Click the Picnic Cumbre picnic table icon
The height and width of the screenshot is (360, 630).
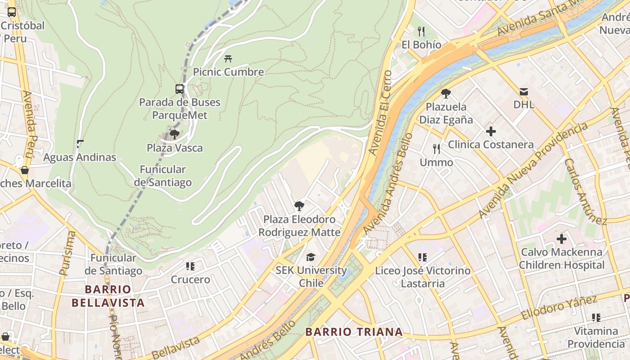[228, 58]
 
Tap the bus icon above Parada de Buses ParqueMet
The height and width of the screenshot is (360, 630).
[180, 89]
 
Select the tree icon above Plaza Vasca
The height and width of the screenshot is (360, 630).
[175, 135]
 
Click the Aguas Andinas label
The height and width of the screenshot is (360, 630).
[80, 157]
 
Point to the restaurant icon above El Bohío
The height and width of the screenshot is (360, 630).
[421, 31]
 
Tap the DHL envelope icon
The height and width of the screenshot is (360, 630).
[524, 92]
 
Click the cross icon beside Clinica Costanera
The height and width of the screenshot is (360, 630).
[491, 131]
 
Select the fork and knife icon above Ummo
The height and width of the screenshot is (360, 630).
[436, 149]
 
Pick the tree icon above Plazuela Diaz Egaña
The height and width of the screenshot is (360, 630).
[446, 94]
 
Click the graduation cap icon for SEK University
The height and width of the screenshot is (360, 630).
[311, 257]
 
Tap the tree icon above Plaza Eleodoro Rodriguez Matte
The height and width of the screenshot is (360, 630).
[299, 206]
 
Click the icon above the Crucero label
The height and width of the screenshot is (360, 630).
[190, 266]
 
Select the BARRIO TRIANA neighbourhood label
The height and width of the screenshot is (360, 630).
[354, 332]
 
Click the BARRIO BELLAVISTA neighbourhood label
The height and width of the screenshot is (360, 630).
[108, 296]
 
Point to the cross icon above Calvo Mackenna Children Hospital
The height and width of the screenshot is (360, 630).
[561, 239]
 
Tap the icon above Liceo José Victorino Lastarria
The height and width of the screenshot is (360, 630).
[422, 257]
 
